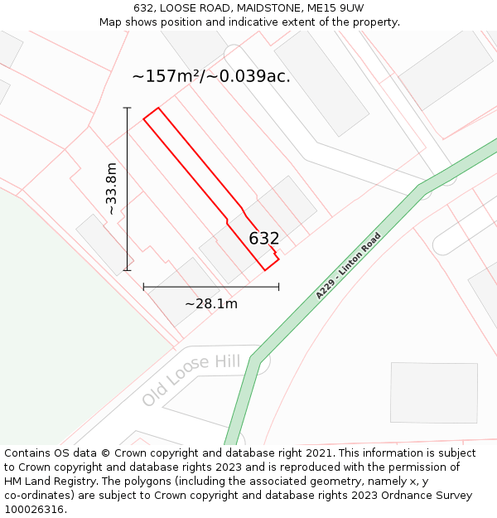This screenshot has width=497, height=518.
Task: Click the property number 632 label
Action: [264, 239]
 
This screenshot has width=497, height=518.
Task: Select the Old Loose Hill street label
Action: [191, 380]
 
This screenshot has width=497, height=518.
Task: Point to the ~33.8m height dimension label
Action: [111, 189]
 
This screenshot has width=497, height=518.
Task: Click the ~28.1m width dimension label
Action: [211, 303]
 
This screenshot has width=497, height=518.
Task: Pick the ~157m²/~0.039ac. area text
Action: [211, 76]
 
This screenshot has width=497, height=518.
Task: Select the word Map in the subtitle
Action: [111, 22]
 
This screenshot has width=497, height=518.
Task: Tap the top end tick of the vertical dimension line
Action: [127, 108]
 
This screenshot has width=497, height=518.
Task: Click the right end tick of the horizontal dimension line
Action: [278, 287]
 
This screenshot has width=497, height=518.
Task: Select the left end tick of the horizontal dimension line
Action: [144, 287]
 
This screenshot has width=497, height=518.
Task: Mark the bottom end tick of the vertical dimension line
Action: [127, 269]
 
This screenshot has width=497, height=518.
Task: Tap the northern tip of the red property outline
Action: [157, 109]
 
